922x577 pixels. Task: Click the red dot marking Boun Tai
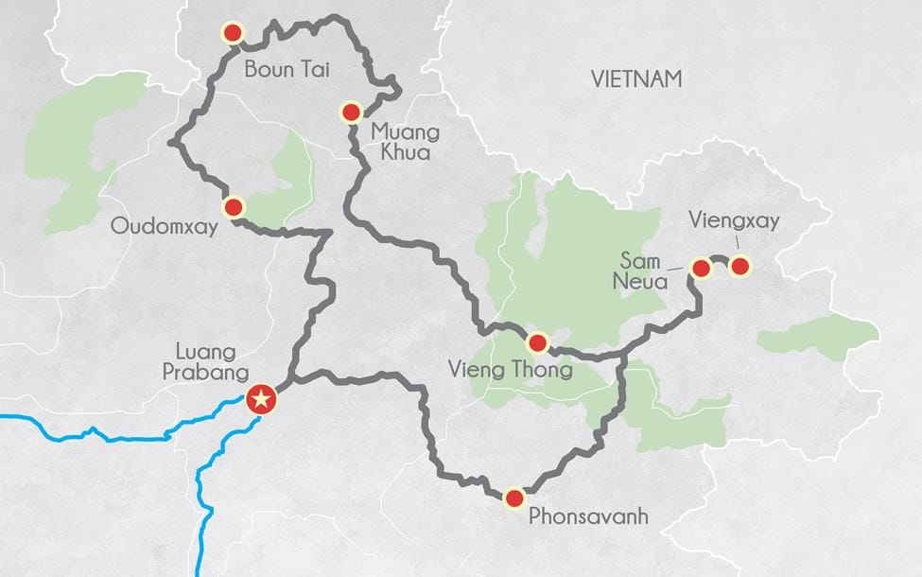[232, 34]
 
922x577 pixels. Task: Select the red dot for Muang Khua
[351, 114]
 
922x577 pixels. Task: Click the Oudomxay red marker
[234, 206]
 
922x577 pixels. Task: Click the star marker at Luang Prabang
[262, 400]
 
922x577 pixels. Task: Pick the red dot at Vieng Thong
[537, 343]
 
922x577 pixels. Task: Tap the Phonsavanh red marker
[514, 498]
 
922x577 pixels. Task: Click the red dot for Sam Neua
[701, 269]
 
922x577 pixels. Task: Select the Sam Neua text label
[645, 269]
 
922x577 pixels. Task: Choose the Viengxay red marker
[740, 266]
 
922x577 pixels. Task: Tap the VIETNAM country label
[635, 79]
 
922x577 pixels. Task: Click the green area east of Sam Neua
[819, 336]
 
